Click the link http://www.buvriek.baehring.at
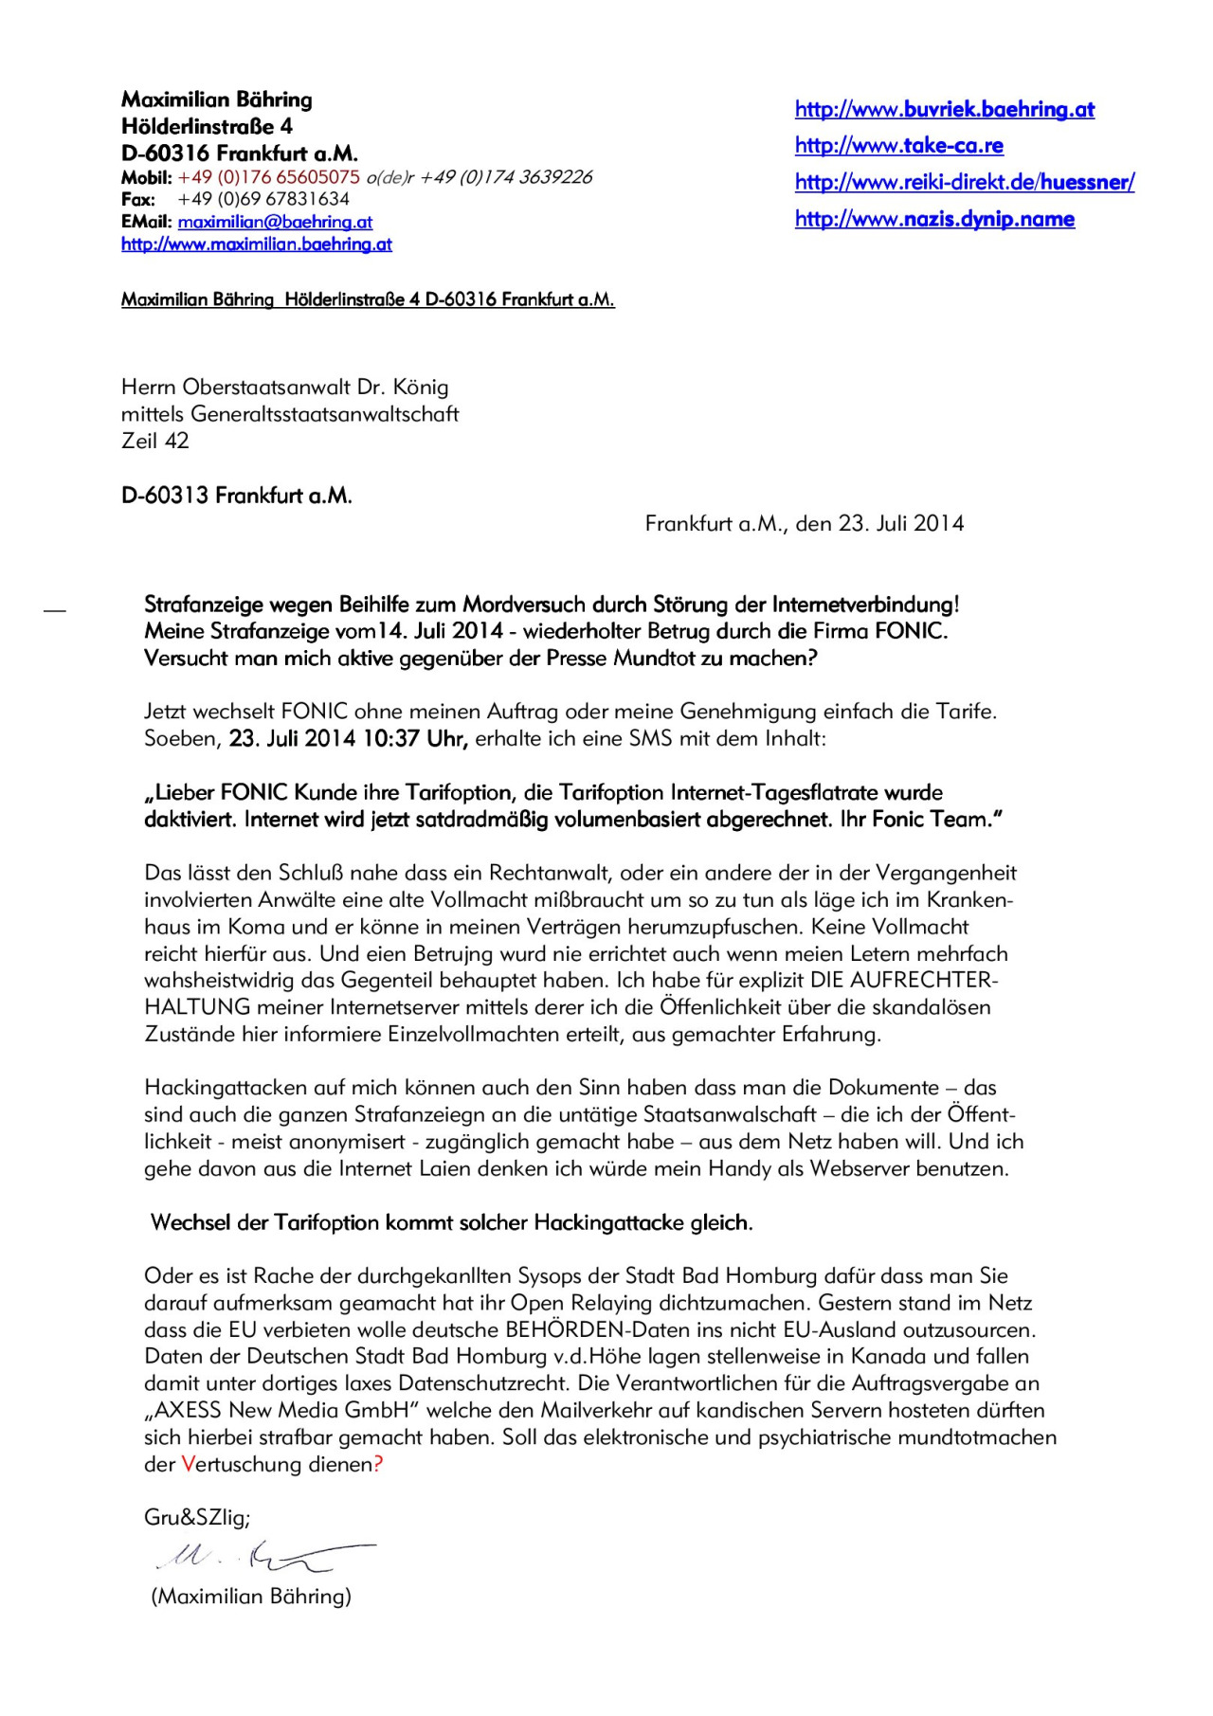coord(944,110)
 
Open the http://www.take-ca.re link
coord(898,146)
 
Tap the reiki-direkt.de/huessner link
coord(964,183)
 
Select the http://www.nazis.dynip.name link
coord(934,220)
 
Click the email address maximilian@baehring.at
coord(275,223)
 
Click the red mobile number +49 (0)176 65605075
coord(269,177)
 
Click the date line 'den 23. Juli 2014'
coord(879,524)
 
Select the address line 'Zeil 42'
coord(155,441)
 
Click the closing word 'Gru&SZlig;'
coord(197,1518)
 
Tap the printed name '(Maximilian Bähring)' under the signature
coord(251,1597)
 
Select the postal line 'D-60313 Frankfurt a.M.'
coord(237,496)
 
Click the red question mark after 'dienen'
coord(378,1465)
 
